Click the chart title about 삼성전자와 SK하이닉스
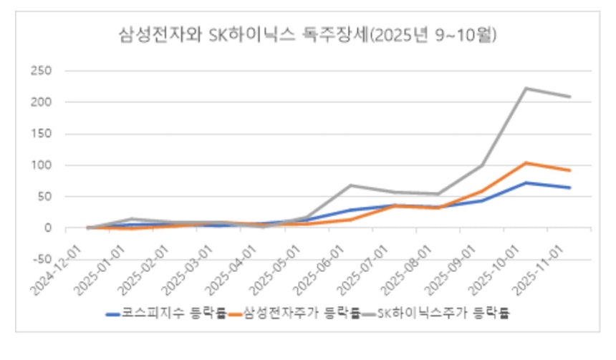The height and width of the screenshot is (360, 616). tap(307, 35)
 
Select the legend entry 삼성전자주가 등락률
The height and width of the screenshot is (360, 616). tap(301, 313)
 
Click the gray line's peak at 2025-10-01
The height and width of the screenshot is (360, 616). tap(526, 88)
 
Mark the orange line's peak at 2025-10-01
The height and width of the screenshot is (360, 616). tap(526, 163)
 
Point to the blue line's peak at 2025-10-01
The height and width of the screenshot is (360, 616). tap(526, 183)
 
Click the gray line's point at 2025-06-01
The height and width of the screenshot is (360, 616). tap(351, 185)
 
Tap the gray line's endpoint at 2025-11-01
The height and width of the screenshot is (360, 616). tap(571, 97)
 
